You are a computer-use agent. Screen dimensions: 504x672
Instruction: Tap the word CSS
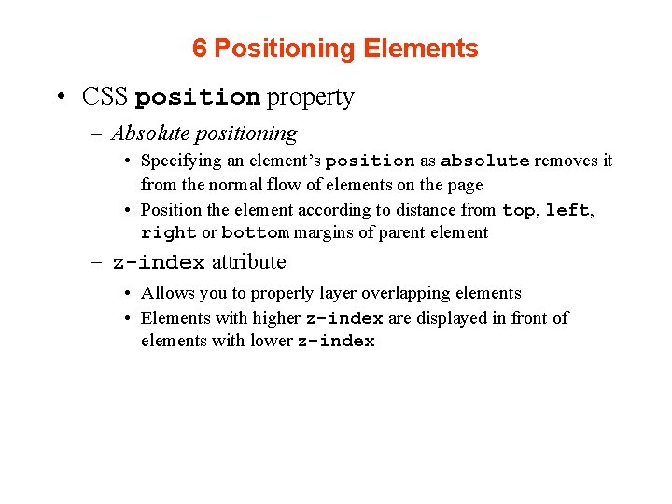(105, 97)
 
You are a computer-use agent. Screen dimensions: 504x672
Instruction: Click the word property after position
(310, 97)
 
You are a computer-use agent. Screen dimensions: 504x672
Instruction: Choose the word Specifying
(181, 161)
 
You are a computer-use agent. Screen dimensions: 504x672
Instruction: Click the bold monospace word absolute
(484, 161)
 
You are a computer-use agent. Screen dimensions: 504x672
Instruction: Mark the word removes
(567, 161)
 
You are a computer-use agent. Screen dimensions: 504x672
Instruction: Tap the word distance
(423, 210)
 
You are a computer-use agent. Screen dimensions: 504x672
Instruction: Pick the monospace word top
(518, 211)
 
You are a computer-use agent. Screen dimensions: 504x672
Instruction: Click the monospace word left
(567, 211)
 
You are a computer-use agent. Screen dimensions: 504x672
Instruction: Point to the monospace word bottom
(255, 233)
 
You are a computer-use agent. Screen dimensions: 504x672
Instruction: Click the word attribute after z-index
(248, 262)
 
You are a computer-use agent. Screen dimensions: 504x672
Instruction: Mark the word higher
(276, 318)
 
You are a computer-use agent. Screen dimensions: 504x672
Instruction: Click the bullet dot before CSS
(59, 98)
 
